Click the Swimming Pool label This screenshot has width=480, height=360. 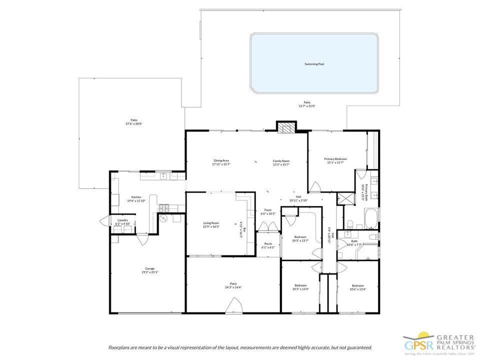(314, 64)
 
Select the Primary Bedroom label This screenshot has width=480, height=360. (335, 160)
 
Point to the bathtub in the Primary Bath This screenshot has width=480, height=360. (371, 218)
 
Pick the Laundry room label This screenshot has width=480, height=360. (122, 221)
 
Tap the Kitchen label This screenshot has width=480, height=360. (136, 198)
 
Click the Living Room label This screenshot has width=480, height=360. (211, 224)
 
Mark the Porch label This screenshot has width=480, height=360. (268, 245)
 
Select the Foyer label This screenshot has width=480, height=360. (268, 211)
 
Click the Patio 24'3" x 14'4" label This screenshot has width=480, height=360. (233, 285)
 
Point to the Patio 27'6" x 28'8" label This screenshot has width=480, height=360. (134, 121)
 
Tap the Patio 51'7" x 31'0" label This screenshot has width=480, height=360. (307, 104)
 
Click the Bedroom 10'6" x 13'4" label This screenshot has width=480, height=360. (357, 287)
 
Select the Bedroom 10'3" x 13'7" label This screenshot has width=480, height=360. (300, 238)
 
